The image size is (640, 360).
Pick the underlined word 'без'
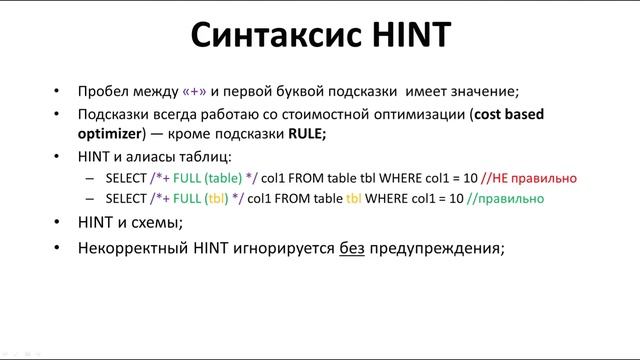350,246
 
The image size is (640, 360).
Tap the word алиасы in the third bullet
150,156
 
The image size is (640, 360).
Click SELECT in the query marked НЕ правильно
125,178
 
